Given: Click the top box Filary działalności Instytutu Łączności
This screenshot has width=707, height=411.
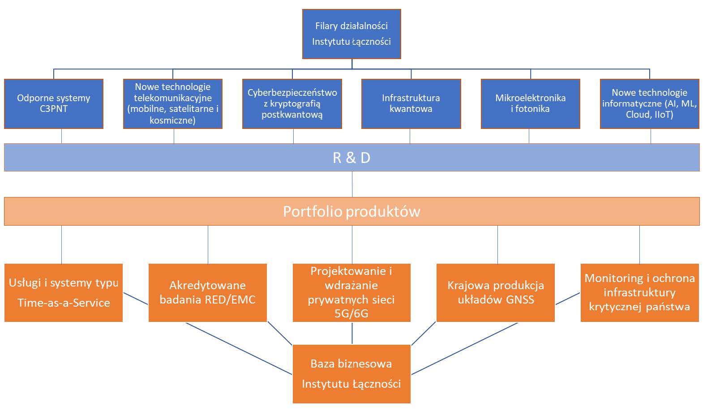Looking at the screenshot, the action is (351, 34).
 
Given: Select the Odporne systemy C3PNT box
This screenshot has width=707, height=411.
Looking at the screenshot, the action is (54, 104).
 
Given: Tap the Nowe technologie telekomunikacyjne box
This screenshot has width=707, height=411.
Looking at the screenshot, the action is (173, 104).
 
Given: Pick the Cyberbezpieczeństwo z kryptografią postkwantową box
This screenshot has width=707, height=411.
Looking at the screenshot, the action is (292, 104).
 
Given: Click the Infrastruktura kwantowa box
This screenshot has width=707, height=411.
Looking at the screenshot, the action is (411, 104).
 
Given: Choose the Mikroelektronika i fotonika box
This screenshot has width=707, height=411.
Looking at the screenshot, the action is (530, 104).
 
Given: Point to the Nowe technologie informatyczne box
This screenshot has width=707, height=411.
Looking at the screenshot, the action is (649, 104).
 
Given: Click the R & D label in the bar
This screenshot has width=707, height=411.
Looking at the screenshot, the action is (351, 158).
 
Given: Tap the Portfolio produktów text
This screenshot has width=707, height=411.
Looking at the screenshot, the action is (351, 211).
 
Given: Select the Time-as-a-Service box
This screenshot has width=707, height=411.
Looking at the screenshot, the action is (64, 293).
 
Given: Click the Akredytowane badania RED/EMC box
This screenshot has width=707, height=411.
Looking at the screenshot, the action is (207, 293).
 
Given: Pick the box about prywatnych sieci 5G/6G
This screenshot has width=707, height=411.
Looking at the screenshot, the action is (351, 293).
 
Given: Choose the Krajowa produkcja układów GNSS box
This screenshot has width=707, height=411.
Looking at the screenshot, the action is (496, 293).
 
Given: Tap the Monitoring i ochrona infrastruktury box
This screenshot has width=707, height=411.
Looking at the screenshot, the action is (639, 293).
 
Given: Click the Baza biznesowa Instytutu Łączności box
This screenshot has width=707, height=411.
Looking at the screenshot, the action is (351, 374).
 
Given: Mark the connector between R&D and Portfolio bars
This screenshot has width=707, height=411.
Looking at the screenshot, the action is (352, 184).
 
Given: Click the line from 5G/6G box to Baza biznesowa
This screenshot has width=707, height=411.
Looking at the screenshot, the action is (352, 333).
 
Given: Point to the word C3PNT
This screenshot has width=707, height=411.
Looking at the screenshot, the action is (54, 109).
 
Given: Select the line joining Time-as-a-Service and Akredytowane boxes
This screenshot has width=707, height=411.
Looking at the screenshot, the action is (136, 299).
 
